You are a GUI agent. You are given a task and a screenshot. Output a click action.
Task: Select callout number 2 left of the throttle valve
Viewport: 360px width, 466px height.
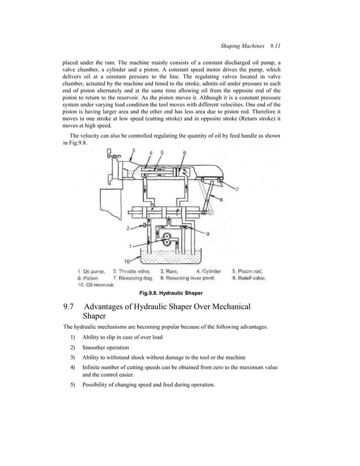[x=128, y=228]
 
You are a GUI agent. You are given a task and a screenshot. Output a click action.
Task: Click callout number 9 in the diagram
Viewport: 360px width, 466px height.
[x=209, y=234]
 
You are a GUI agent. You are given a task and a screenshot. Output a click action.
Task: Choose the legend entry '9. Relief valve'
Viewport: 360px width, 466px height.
[x=249, y=278]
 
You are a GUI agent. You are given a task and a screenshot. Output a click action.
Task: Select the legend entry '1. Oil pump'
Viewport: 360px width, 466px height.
[x=93, y=271]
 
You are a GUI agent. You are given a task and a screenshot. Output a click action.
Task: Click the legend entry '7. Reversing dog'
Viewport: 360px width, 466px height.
[x=133, y=278]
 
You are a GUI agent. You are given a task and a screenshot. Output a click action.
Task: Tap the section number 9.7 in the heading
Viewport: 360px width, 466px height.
[x=69, y=307]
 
